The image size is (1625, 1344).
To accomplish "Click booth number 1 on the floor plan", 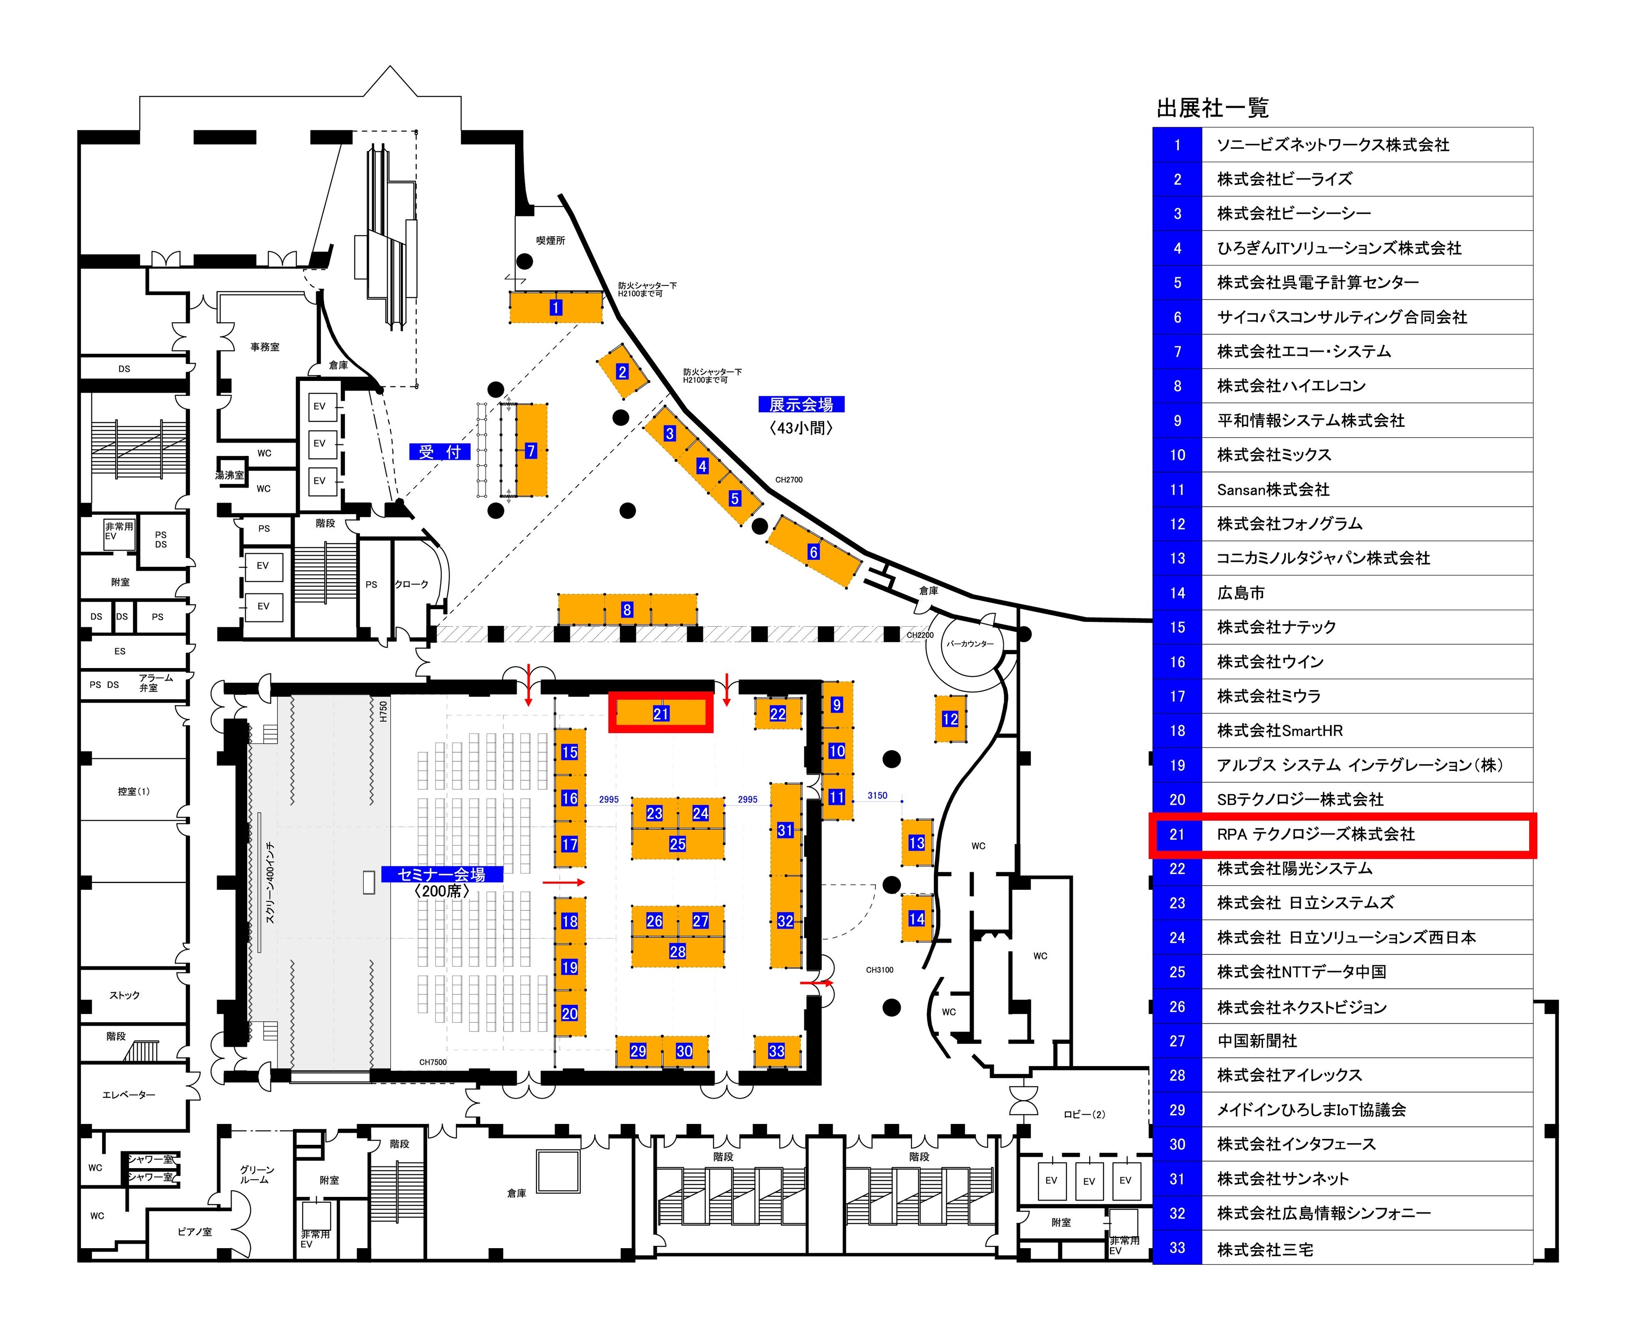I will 555,308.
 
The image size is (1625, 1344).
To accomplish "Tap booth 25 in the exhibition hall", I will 677,844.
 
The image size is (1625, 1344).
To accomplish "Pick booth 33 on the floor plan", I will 776,1051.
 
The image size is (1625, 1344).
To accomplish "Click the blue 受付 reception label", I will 440,452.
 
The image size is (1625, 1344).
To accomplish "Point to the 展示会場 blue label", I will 801,405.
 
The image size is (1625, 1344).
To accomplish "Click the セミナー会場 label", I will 441,874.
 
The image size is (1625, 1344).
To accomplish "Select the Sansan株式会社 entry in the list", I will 1273,490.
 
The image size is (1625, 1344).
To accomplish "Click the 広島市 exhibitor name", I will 1240,593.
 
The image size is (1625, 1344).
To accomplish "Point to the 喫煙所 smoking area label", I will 550,240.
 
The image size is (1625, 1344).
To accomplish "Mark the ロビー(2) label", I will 1084,1114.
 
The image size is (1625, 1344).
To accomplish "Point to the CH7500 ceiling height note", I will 432,1062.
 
